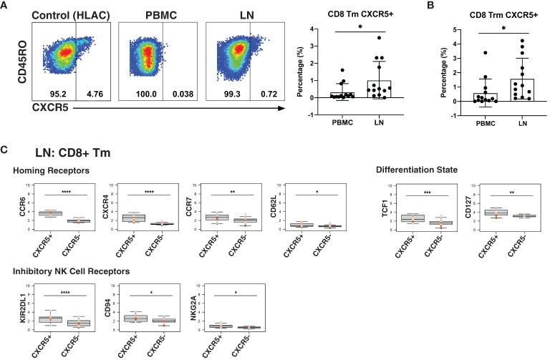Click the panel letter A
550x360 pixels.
[x=6, y=6]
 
